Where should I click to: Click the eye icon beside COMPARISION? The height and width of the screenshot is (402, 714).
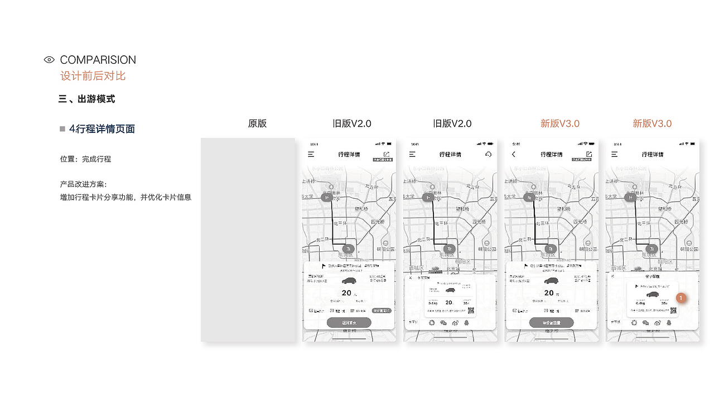(x=49, y=60)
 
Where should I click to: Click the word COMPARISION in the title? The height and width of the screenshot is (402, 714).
(x=98, y=60)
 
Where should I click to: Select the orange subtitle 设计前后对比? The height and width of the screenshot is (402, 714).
(x=93, y=76)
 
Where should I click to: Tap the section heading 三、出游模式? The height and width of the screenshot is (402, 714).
(x=86, y=99)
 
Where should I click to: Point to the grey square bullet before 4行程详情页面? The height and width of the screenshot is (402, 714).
(x=62, y=129)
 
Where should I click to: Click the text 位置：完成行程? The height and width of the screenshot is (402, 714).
(x=85, y=159)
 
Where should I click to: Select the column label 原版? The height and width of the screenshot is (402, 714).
(x=257, y=123)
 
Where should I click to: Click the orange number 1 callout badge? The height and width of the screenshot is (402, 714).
(x=681, y=298)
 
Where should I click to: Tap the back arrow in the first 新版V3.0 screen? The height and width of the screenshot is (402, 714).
(x=514, y=154)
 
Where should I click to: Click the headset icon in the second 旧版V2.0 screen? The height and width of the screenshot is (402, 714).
(x=489, y=154)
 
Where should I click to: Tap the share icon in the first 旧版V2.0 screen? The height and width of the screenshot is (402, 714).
(x=387, y=154)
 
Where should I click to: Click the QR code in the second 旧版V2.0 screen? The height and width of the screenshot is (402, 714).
(x=471, y=310)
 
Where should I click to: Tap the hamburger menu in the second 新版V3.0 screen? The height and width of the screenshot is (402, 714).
(x=615, y=154)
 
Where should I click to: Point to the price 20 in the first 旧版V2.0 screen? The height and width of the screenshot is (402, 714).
(x=346, y=293)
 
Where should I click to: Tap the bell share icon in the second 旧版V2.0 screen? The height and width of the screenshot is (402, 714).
(x=466, y=322)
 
